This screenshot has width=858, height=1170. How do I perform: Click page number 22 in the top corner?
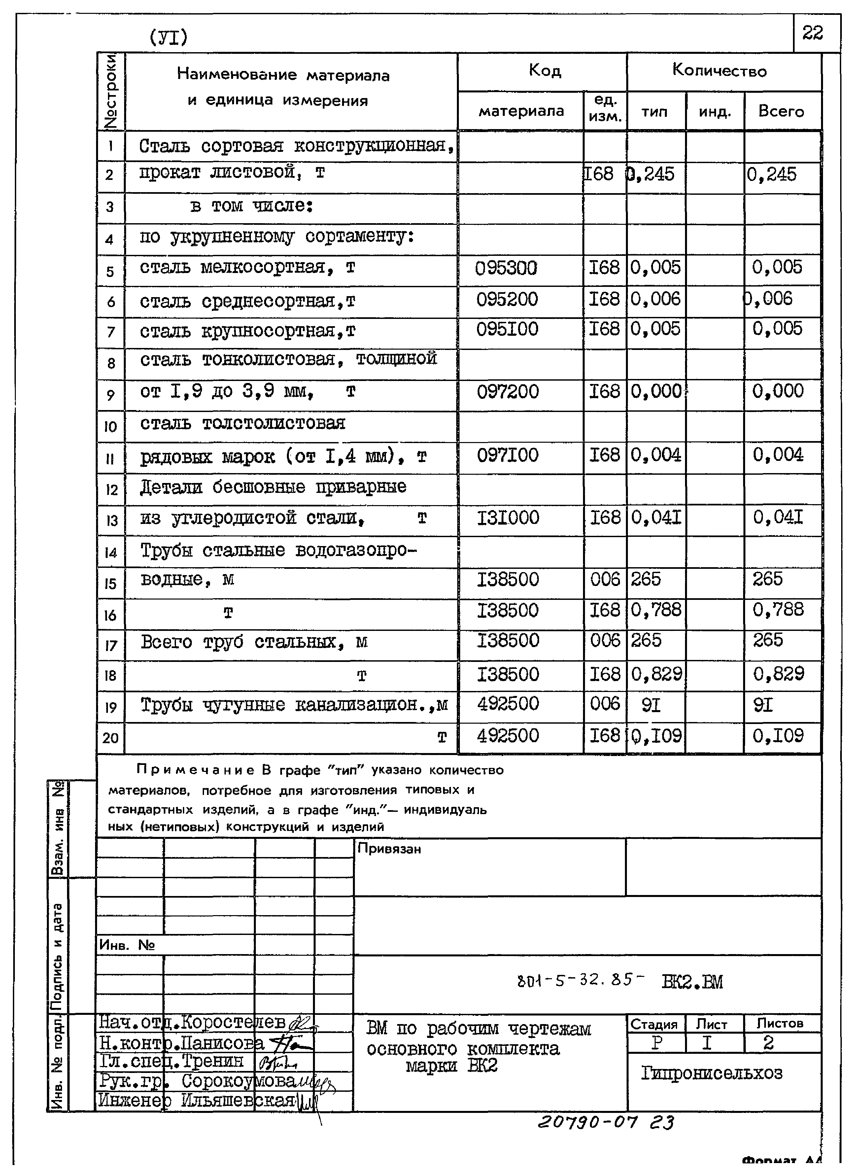click(x=812, y=33)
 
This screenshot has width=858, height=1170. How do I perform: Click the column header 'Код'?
click(x=544, y=70)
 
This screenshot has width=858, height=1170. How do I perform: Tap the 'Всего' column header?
click(x=781, y=111)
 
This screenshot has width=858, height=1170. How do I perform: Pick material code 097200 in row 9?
click(x=507, y=392)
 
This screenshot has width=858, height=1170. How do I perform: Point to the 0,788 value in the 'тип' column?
click(x=655, y=610)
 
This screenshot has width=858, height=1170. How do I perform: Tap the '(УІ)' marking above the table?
click(x=168, y=37)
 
